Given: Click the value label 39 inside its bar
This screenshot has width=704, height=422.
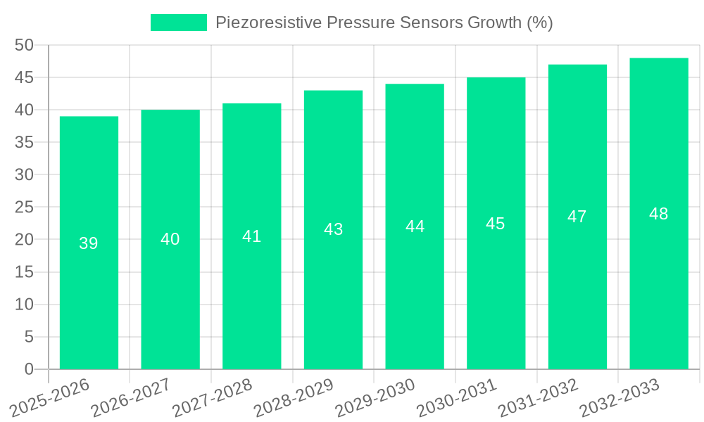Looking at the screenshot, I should pyautogui.click(x=89, y=243).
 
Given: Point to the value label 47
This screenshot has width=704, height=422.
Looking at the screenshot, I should pyautogui.click(x=577, y=217).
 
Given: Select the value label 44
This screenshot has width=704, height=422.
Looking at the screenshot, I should pyautogui.click(x=415, y=226).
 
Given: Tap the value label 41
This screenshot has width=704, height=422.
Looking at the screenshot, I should pyautogui.click(x=251, y=236).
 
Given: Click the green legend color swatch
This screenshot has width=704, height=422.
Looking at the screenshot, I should pyautogui.click(x=178, y=23).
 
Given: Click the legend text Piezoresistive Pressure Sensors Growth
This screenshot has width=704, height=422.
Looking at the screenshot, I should pyautogui.click(x=384, y=23).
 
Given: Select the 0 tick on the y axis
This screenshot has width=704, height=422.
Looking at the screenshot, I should pyautogui.click(x=29, y=369).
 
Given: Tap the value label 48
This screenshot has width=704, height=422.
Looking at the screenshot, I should pyautogui.click(x=659, y=214).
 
